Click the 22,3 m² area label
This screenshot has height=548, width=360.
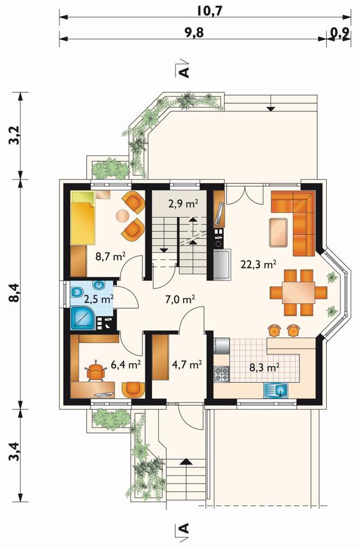[259, 264]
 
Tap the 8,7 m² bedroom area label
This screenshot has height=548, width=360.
[111, 257]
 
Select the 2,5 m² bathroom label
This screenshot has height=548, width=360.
[98, 299]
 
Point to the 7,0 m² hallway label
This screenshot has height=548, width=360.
[179, 299]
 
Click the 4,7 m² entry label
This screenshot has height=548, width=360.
[187, 365]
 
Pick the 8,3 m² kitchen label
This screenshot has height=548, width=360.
[264, 367]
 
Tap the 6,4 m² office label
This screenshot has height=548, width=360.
[126, 365]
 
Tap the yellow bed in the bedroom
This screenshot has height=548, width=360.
[83, 218]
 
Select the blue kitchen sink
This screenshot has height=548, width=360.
[276, 390]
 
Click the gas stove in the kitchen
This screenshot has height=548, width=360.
[221, 374]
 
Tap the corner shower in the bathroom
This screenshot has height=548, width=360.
[83, 318]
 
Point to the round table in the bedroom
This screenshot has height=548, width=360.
[122, 215]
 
